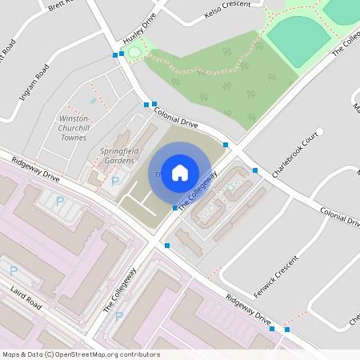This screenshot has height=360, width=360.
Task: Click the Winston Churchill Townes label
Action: (x=74, y=127)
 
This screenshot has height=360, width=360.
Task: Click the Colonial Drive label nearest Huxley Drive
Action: (x=175, y=114)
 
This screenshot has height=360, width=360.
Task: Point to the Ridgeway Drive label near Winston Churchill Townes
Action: (x=35, y=170)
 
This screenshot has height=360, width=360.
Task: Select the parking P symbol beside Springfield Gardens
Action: (x=114, y=182)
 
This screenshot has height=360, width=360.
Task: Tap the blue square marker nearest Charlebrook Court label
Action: (x=254, y=170)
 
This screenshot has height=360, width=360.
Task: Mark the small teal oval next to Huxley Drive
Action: (x=134, y=53)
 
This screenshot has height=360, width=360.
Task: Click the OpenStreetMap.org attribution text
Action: (x=109, y=354)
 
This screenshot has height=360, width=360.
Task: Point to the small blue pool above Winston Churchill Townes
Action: (x=94, y=102)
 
